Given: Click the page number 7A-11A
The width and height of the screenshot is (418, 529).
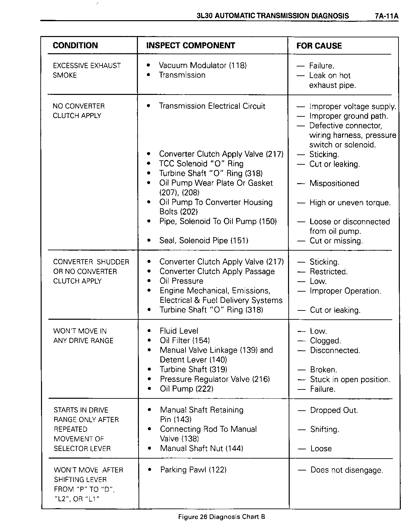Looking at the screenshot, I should coord(387,16).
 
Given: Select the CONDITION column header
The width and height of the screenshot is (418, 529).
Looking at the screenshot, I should coord(75,46).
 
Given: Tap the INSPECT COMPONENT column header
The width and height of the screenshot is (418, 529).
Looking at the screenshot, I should coord(190,46).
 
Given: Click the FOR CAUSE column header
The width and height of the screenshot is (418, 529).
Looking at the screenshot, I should coord(319,46).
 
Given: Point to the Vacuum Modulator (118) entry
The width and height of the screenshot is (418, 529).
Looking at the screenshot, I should coord(203,65).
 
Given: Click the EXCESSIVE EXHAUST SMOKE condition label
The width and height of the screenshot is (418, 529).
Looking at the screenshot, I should coord(87,70).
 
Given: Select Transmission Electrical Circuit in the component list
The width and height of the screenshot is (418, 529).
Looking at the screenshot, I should coord(212,106).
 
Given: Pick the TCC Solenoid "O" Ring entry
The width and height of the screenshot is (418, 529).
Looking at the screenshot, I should coord(201,164).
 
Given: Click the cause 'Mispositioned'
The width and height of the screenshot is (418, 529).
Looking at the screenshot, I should coord(334,183).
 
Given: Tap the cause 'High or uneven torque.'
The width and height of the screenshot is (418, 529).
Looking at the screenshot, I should coord(350,203).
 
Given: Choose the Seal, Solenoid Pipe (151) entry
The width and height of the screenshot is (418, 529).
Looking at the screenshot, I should coord(204,241).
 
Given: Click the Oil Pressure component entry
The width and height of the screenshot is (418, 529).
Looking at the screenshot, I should coord(181,281).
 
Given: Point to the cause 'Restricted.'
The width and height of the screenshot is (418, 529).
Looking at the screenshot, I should coord(329,272).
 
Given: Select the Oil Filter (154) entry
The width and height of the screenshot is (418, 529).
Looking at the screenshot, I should coord(185,341).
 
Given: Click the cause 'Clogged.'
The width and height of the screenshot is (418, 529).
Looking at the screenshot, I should coord(325,341).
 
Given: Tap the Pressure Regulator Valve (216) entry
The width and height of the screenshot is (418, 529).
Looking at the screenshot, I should coord(215,379).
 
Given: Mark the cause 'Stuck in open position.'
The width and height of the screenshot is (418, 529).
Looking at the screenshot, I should coord(350,380).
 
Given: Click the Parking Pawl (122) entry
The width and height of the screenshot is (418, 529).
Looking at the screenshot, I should coord(193,470).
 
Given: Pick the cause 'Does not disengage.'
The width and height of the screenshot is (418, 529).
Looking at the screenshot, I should coord(347,470).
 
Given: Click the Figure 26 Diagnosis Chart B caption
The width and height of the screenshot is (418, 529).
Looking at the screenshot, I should coord(222,517).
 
